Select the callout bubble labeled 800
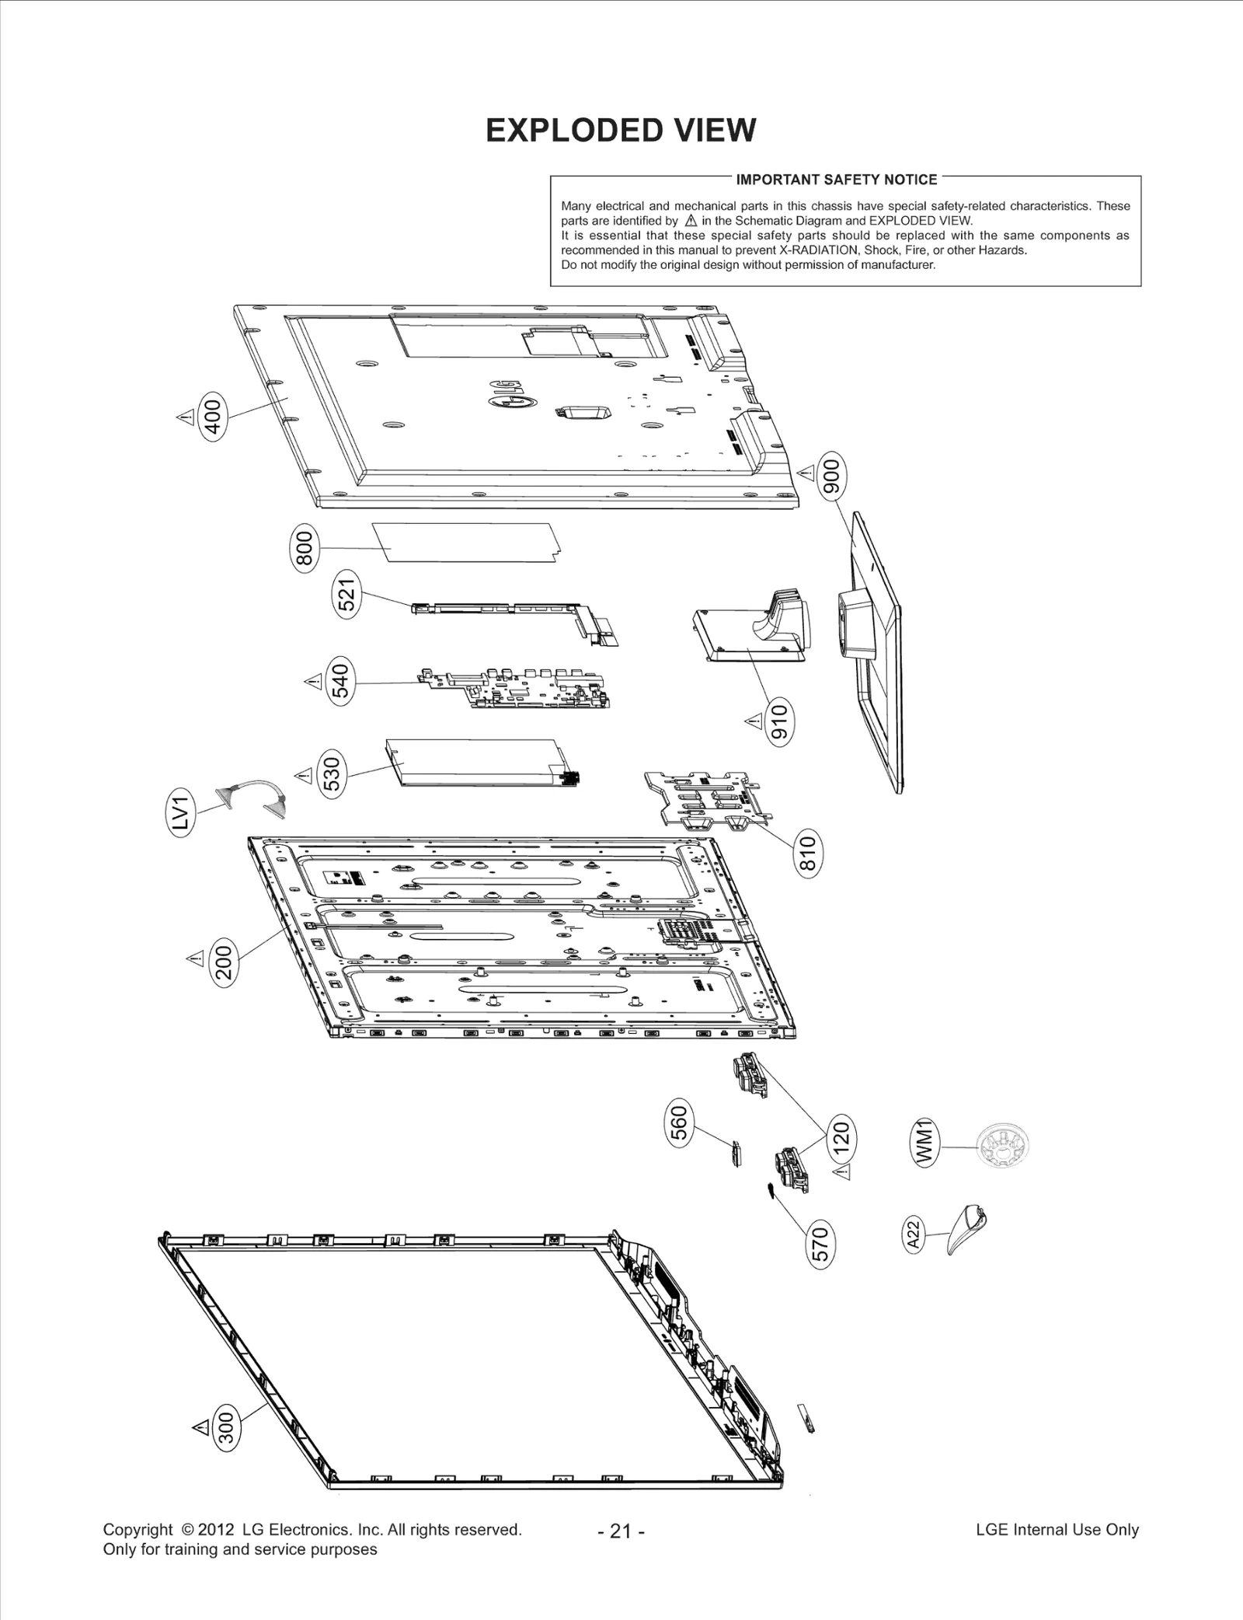pos(305,547)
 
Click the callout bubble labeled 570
pos(821,1243)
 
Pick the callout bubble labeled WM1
pos(925,1142)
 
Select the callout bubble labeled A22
pos(914,1234)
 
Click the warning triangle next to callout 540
pos(313,682)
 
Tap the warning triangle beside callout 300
pos(200,1426)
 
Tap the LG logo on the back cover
pos(509,393)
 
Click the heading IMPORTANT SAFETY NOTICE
pos(836,180)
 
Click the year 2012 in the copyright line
pos(215,1529)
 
